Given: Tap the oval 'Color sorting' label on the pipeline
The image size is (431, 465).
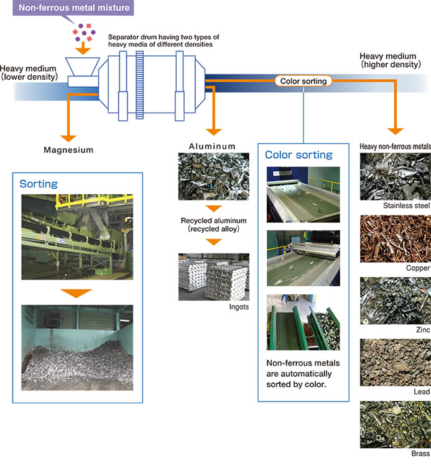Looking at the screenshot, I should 304,81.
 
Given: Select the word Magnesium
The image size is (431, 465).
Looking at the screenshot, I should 68,150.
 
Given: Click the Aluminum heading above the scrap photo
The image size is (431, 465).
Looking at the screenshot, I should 213,146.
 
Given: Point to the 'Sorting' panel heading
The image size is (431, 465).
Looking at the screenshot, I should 39,184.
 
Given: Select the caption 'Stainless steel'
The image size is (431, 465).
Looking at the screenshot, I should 406,205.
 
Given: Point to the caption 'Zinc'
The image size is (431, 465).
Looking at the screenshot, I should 421,330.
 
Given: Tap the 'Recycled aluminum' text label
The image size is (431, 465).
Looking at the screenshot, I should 213,221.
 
